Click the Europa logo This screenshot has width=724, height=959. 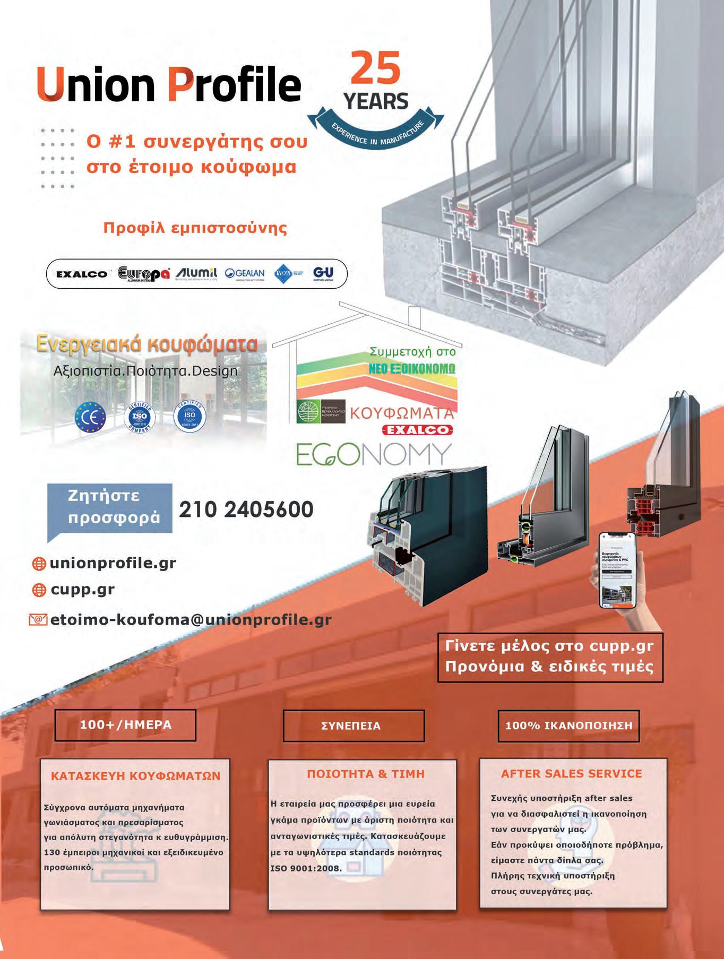coord(144,273)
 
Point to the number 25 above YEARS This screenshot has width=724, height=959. coord(376,68)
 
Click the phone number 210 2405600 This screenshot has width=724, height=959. coord(246,510)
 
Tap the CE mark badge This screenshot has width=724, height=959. coord(91,416)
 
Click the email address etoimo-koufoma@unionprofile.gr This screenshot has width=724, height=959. coord(191,619)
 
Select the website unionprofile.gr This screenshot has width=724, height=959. coord(113,563)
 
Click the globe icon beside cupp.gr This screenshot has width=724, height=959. coord(39,590)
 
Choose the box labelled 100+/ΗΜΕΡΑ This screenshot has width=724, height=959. coord(125,724)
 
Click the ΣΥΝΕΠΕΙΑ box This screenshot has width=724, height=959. coord(354,726)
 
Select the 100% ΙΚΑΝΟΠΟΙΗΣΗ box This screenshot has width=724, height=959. coord(568,725)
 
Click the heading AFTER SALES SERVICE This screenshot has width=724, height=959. coord(571,774)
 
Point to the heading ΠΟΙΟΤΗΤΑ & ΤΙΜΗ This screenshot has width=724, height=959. coord(366,774)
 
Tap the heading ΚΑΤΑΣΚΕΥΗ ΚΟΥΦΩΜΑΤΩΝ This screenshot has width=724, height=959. coord(135,776)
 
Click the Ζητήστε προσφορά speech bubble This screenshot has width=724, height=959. coord(110,507)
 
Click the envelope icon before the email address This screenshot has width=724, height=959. coord(38,619)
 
